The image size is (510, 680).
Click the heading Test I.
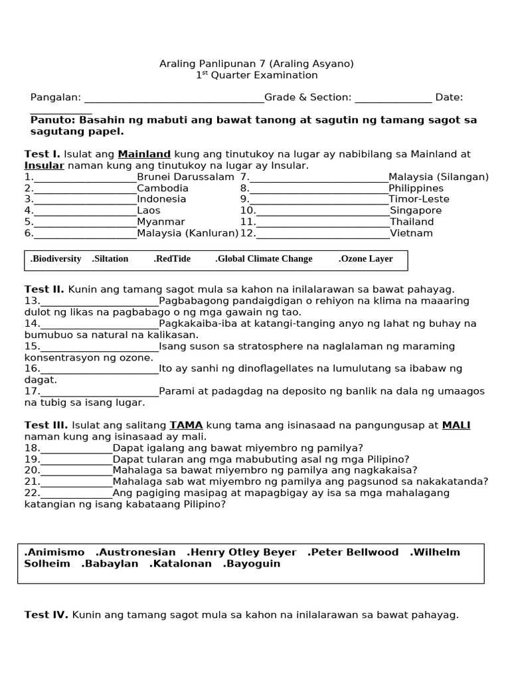42,154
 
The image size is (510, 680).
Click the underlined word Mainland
144,154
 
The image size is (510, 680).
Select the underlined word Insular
44,165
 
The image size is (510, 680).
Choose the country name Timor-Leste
419,199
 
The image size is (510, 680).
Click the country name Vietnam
411,234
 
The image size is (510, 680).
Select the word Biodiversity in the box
56,259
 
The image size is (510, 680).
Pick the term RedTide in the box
172,259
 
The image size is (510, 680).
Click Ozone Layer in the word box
366,259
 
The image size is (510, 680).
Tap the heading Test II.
44,290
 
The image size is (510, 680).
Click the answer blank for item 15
100,347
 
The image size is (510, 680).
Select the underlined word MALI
456,425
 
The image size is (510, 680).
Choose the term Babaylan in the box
110,564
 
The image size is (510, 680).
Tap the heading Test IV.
46,615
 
